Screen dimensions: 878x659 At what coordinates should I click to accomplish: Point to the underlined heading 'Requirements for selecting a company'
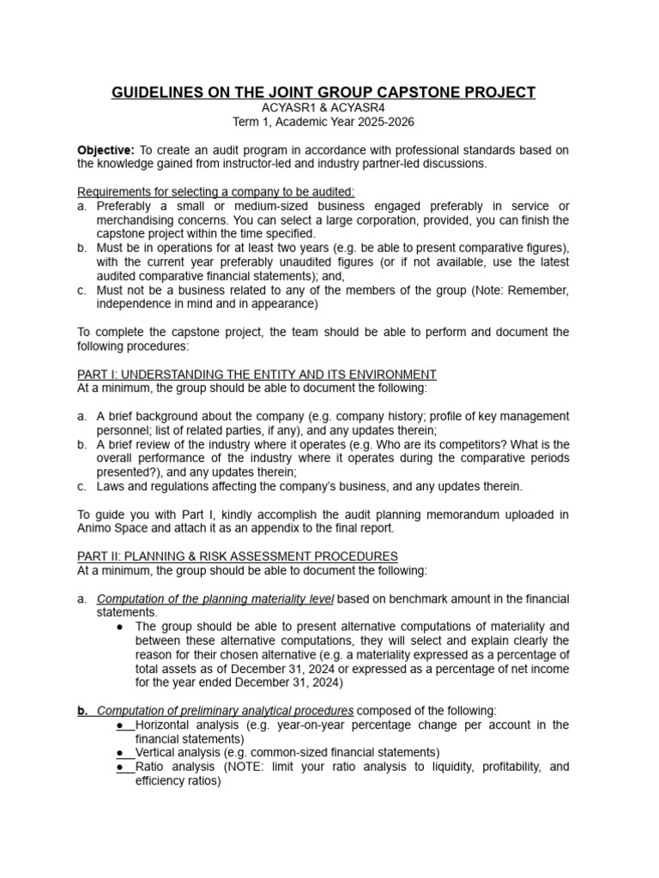tap(215, 192)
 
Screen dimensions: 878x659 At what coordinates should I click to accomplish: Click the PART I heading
tap(257, 375)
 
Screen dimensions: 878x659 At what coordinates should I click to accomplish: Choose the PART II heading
tap(238, 556)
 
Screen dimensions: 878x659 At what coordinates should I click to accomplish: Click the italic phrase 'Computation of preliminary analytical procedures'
tap(225, 711)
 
